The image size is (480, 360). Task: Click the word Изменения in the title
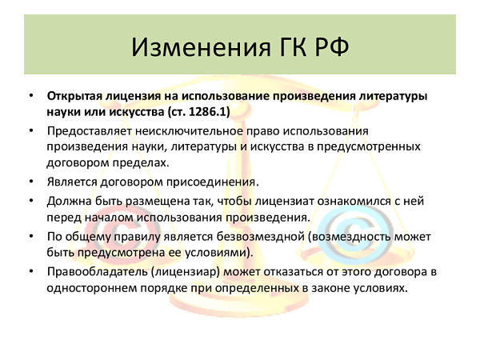[x=202, y=48]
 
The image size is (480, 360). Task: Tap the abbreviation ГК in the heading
[x=293, y=48]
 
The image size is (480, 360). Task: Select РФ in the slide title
[x=332, y=48]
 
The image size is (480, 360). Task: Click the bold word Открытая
[x=74, y=97]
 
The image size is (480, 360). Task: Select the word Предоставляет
[x=89, y=131]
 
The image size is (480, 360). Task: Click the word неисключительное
[x=189, y=131]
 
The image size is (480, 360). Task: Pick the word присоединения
[x=213, y=182]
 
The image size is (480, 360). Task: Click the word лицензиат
[x=285, y=202]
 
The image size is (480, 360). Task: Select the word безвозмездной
[x=261, y=237]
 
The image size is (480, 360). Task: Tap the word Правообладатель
[x=97, y=272]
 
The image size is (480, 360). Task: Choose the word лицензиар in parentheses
[x=186, y=272]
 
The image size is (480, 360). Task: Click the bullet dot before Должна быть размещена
[x=31, y=201]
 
